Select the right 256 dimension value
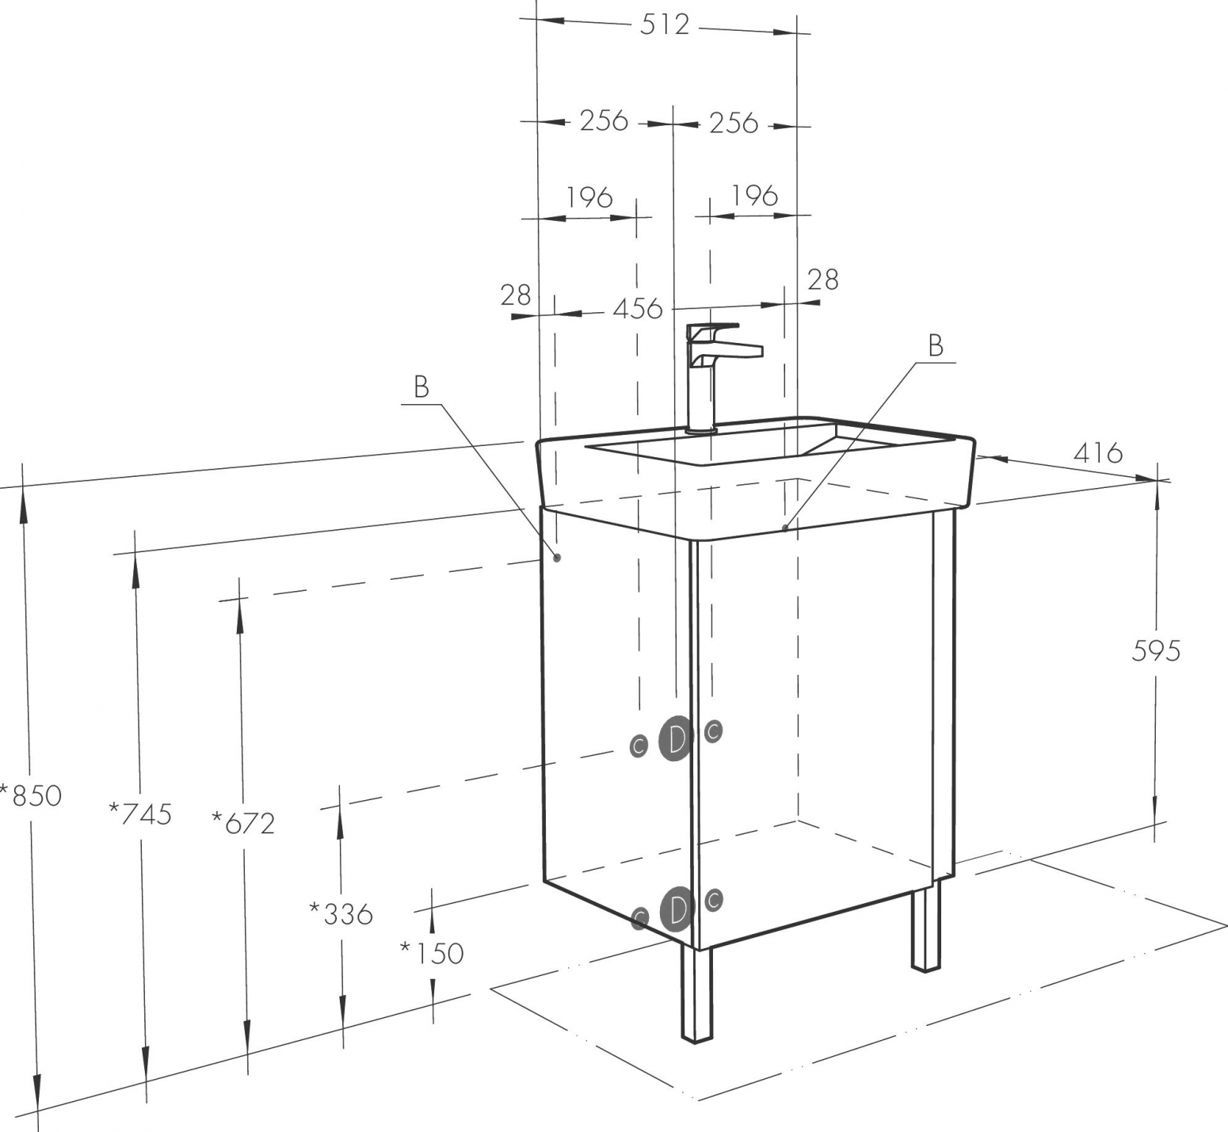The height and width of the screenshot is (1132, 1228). coord(734,123)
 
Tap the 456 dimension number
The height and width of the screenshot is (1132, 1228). coord(638,308)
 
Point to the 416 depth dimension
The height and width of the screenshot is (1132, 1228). coord(1098,453)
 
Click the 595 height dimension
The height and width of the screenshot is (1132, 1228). coord(1156,650)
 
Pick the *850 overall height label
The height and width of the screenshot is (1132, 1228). coord(31,795)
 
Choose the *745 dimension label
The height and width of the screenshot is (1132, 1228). coord(140,813)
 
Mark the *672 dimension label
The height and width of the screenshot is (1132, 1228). coord(243,823)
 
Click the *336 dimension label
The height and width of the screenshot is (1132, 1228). coord(341,913)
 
